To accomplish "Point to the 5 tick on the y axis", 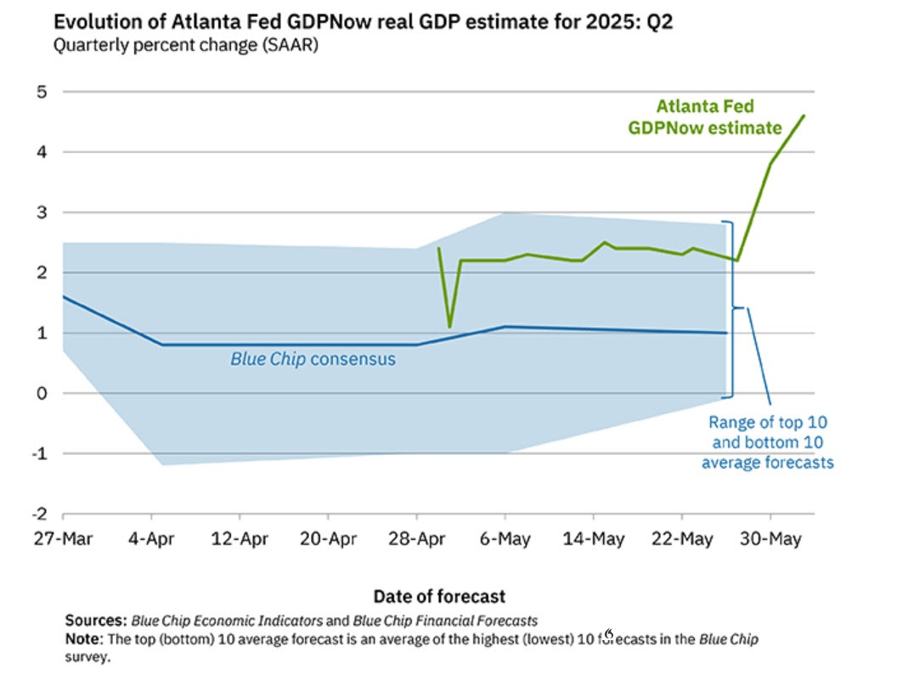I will click(41, 92).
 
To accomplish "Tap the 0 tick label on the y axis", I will click(41, 393).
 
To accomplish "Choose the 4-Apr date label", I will click(151, 539).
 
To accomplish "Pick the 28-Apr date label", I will click(416, 539).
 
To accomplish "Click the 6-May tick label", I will click(505, 539).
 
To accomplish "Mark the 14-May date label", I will click(594, 539).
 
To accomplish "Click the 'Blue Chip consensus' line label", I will click(313, 359).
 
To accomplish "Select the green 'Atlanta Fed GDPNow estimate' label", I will click(704, 118).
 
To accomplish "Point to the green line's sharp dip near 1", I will click(449, 326).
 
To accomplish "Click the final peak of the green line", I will click(804, 116).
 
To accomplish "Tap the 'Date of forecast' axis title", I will click(439, 596).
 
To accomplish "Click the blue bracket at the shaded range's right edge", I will click(731, 308).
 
